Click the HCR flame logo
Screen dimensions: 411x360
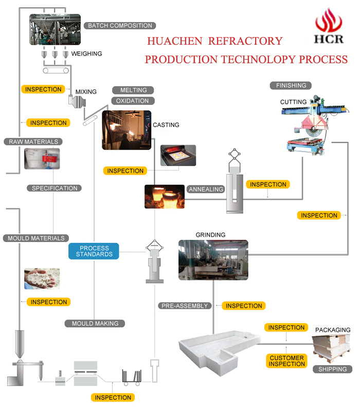(x=329, y=26)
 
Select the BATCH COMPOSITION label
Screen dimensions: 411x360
(x=120, y=26)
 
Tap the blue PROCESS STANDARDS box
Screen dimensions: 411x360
(x=94, y=251)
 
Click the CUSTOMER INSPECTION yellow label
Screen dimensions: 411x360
(x=286, y=361)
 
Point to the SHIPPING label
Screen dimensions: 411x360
(x=332, y=369)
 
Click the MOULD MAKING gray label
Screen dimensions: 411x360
(x=95, y=324)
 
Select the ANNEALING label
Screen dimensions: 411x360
(x=206, y=189)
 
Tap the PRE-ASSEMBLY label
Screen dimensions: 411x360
(x=185, y=306)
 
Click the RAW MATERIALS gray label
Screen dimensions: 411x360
(x=33, y=141)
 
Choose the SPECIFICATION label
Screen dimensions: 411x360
(x=55, y=188)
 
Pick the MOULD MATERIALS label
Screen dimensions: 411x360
(x=36, y=238)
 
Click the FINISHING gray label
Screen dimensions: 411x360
(x=291, y=85)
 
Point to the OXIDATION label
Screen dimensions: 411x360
(x=132, y=101)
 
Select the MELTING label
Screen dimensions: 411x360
(x=133, y=90)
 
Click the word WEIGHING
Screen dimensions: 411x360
(x=86, y=53)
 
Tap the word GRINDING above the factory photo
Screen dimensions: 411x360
(x=210, y=235)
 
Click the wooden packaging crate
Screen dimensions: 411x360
(x=331, y=348)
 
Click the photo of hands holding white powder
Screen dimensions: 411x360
(x=42, y=278)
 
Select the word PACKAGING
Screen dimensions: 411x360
(x=332, y=330)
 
